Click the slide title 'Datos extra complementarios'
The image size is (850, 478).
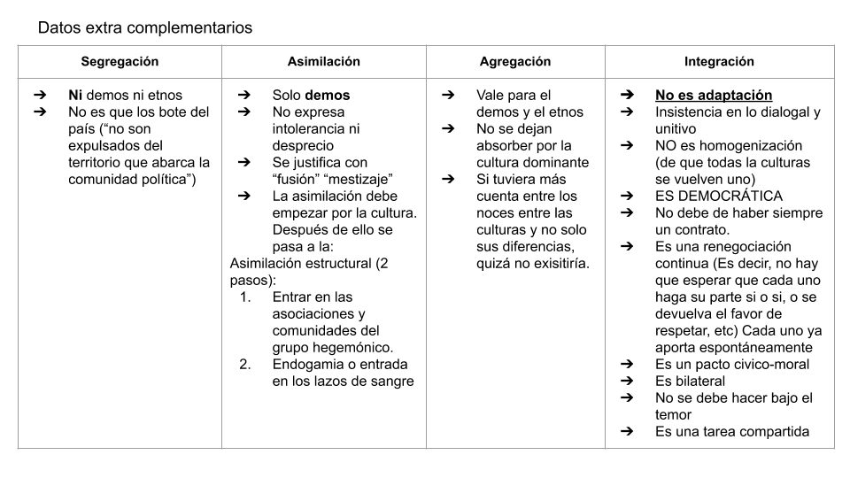pyautogui.click(x=144, y=27)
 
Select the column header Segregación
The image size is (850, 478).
pyautogui.click(x=120, y=62)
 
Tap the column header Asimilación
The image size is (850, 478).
pyautogui.click(x=323, y=62)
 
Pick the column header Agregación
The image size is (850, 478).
pyautogui.click(x=515, y=62)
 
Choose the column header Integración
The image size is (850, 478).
pyautogui.click(x=719, y=62)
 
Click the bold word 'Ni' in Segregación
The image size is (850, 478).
pyautogui.click(x=75, y=96)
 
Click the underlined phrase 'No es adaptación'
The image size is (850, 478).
pyautogui.click(x=714, y=96)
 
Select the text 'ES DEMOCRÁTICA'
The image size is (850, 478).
pyautogui.click(x=719, y=197)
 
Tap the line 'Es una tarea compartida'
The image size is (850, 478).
pyautogui.click(x=731, y=432)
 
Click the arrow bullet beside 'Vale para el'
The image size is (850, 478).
pyautogui.click(x=448, y=96)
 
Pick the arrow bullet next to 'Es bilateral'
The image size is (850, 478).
pyautogui.click(x=627, y=382)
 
